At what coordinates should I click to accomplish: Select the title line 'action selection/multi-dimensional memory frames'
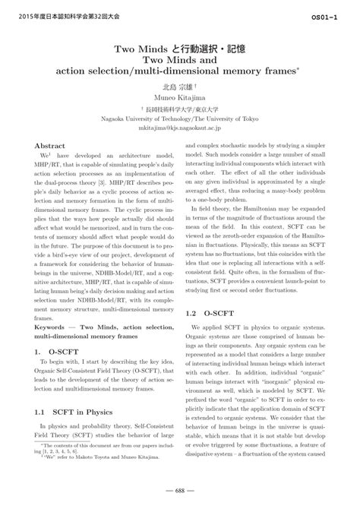coord(179,71)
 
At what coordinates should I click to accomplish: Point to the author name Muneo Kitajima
coord(179,97)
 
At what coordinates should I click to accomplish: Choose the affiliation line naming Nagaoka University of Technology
coord(179,119)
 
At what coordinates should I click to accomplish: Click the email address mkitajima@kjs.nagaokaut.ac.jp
coord(179,128)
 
